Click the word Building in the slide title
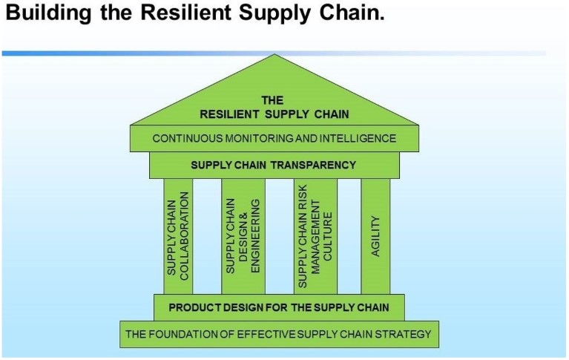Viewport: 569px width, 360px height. pyautogui.click(x=48, y=13)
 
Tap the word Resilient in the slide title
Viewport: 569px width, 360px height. pyautogui.click(x=185, y=12)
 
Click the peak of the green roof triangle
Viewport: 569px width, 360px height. pyautogui.click(x=274, y=54)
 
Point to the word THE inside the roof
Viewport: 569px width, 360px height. pyautogui.click(x=272, y=100)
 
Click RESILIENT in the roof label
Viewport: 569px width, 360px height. pyautogui.click(x=229, y=114)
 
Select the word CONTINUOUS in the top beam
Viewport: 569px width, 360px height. pyautogui.click(x=187, y=138)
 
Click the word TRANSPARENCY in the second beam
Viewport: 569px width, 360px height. pyautogui.click(x=314, y=166)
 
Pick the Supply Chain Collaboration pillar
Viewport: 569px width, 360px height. pyautogui.click(x=178, y=237)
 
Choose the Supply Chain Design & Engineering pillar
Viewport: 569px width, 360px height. pyautogui.click(x=243, y=237)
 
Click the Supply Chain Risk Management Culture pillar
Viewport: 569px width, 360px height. pyautogui.click(x=315, y=237)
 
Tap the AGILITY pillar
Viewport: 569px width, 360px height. pyautogui.click(x=375, y=237)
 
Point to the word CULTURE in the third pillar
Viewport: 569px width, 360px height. pyautogui.click(x=328, y=237)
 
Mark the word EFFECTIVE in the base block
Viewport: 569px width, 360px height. pyautogui.click(x=266, y=334)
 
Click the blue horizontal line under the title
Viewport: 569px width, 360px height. pyautogui.click(x=274, y=53)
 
